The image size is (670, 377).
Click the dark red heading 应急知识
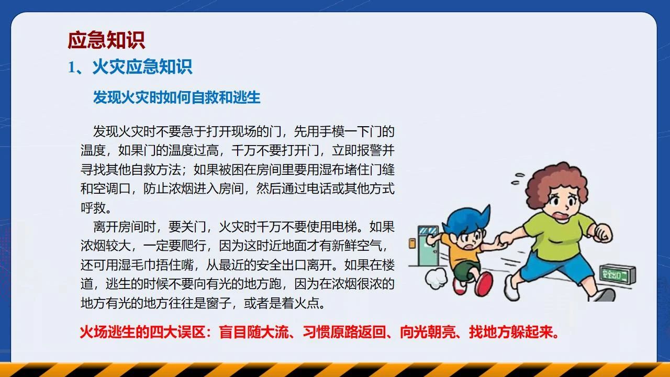pyautogui.click(x=106, y=40)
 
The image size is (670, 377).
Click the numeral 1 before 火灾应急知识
pyautogui.click(x=71, y=67)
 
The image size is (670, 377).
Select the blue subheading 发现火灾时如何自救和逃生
pyautogui.click(x=176, y=97)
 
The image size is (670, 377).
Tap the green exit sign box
pyautogui.click(x=618, y=274)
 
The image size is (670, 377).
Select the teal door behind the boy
pyautogui.click(x=428, y=246)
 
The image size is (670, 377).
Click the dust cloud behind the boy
pyautogui.click(x=436, y=278)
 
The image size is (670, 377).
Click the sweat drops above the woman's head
pyautogui.click(x=518, y=179)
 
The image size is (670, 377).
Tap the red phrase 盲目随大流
pyautogui.click(x=254, y=332)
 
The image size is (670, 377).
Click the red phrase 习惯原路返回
pyautogui.click(x=344, y=332)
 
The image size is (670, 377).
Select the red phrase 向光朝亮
pyautogui.click(x=428, y=332)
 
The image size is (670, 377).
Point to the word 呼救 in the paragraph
pyautogui.click(x=93, y=208)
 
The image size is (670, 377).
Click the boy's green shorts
pyautogui.click(x=464, y=270)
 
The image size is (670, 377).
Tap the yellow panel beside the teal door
pyautogui.click(x=412, y=243)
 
